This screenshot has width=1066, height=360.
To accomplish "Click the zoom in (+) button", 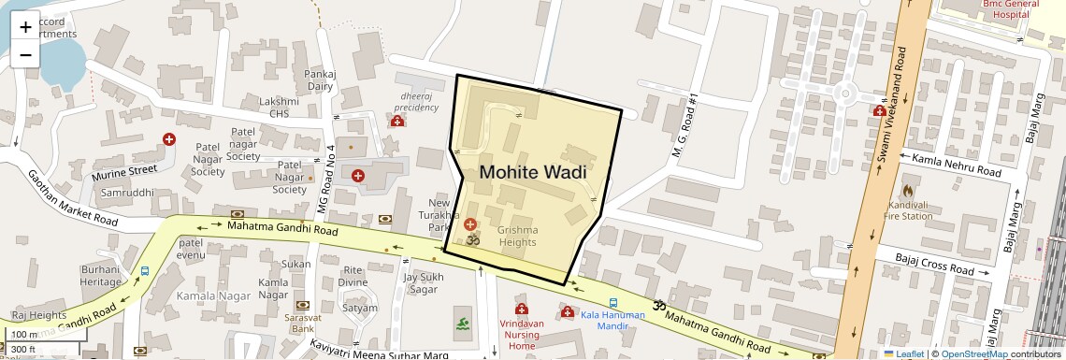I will click(25, 27).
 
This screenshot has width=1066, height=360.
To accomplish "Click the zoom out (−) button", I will click(25, 53).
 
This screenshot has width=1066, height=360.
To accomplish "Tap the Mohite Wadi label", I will click(532, 172).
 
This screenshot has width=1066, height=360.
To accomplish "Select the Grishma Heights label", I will click(517, 236).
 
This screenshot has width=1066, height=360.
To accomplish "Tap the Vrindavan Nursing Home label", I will click(521, 333).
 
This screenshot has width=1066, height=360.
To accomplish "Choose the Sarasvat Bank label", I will click(300, 323).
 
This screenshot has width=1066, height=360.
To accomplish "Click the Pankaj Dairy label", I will click(320, 79).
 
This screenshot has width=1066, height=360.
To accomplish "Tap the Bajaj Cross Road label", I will click(934, 263).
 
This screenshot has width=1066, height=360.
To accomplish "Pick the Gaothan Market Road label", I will click(71, 198).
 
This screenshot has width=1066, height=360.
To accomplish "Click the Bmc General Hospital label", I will click(1011, 8).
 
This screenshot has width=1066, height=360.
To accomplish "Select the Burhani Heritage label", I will click(100, 275).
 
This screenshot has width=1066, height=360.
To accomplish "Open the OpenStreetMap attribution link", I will click(973, 353).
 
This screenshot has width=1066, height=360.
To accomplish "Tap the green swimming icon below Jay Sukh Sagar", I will click(463, 324).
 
